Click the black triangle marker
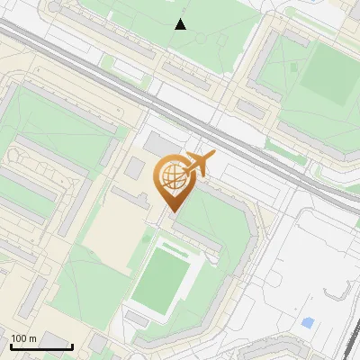[181, 24]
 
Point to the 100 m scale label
[23, 337]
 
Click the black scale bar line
[41, 346]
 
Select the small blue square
[309, 322]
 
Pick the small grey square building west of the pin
[134, 167]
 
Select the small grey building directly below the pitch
[138, 319]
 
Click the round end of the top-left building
[56, 7]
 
